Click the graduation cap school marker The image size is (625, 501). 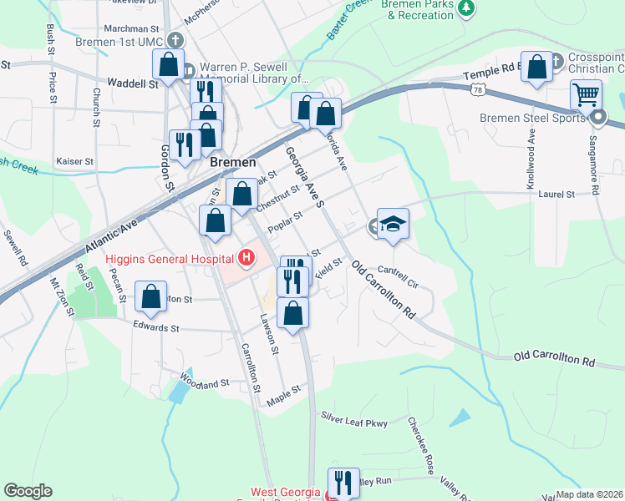(393, 224)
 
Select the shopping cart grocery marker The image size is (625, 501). (587, 94)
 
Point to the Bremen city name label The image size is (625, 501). (232, 162)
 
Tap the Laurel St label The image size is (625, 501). (558, 194)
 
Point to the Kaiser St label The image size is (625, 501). (74, 160)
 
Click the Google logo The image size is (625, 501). (28, 491)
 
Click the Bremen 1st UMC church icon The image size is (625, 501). (175, 39)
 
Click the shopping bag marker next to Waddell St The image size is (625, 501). (168, 64)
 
